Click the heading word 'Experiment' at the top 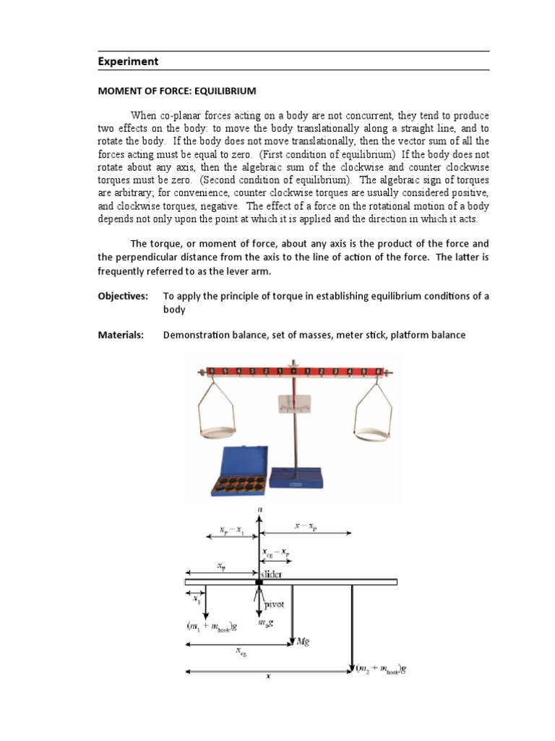tap(128, 62)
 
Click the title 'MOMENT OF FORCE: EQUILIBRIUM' tap(177, 91)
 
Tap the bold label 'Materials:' tap(121, 335)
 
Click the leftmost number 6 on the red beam tap(210, 372)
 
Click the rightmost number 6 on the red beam tap(378, 372)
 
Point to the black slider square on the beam tap(259, 582)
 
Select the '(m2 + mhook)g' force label tap(382, 669)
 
